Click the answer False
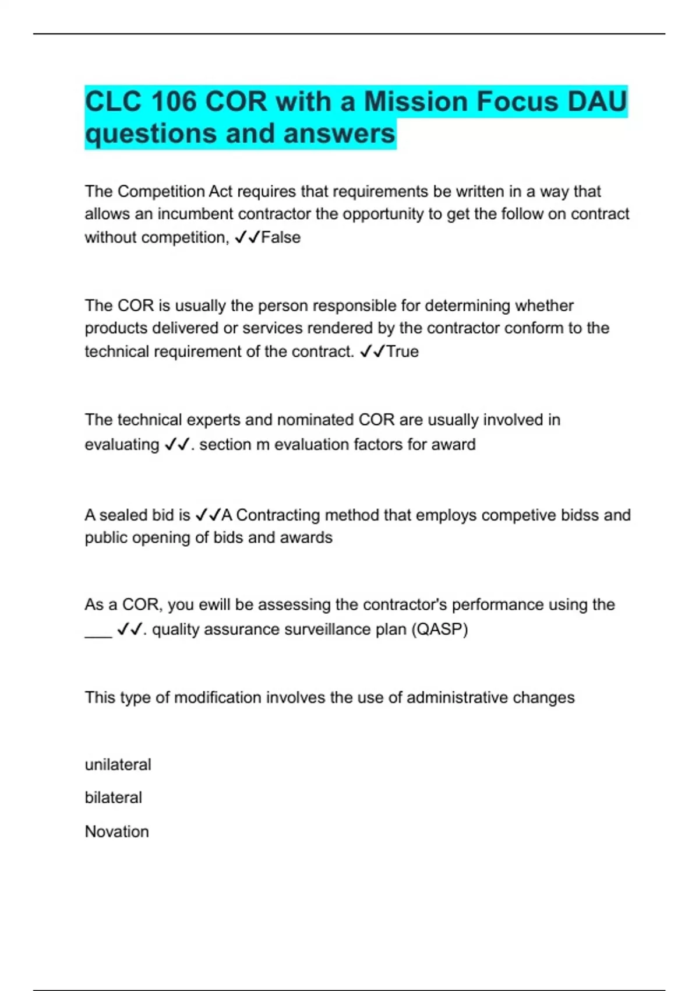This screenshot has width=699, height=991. coord(281,238)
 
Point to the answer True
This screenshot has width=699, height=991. coord(403,352)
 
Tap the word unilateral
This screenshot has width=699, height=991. coord(118,765)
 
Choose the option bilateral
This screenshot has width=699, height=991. coord(113,797)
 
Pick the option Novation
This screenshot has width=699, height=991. coord(116,831)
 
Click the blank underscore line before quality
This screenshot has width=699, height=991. coord(98,632)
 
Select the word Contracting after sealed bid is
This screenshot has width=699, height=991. coord(277,515)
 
